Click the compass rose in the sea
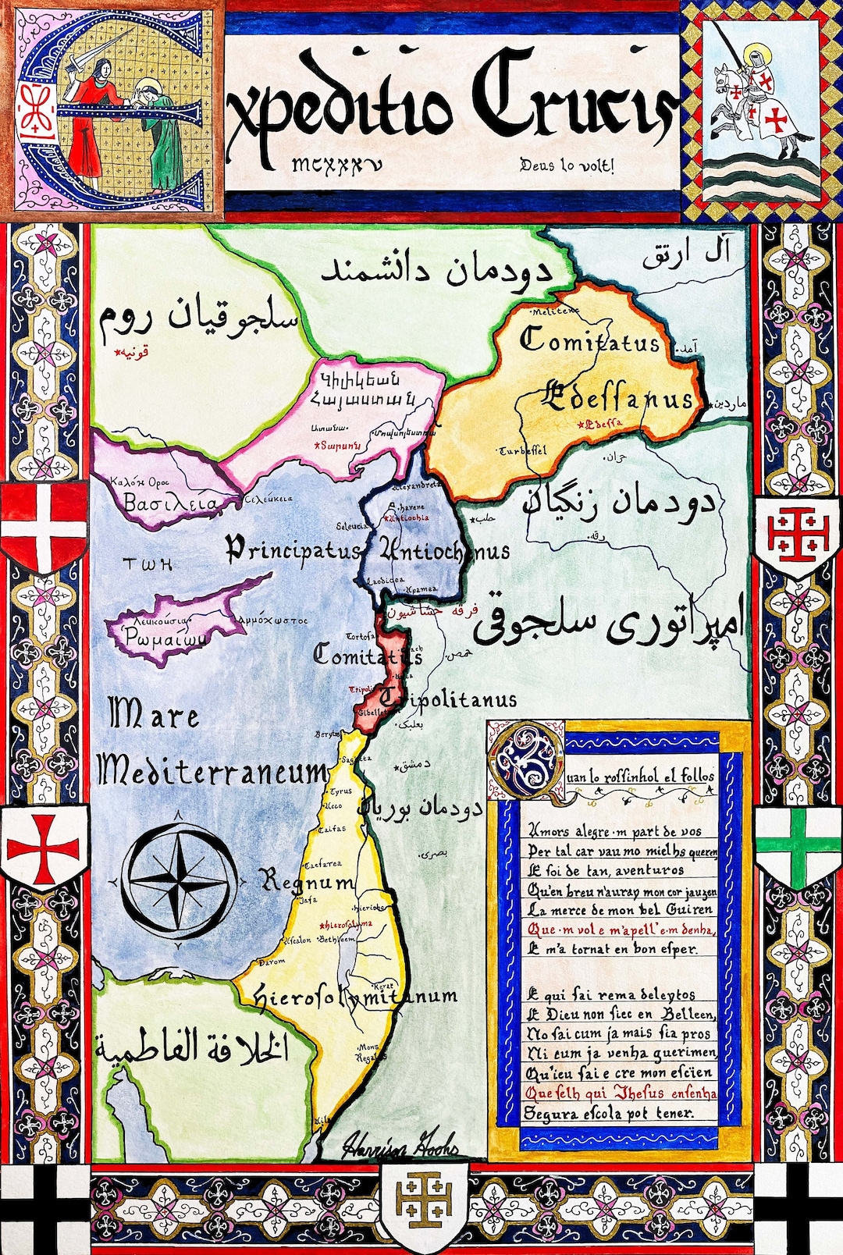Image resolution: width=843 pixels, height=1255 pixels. (179, 880)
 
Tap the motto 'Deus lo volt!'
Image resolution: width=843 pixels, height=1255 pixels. (567, 165)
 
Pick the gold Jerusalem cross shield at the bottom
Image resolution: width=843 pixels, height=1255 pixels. (424, 1206)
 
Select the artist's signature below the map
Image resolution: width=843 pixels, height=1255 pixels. (400, 1143)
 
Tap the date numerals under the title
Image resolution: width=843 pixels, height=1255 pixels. (337, 165)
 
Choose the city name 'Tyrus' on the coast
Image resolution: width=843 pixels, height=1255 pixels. (340, 791)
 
